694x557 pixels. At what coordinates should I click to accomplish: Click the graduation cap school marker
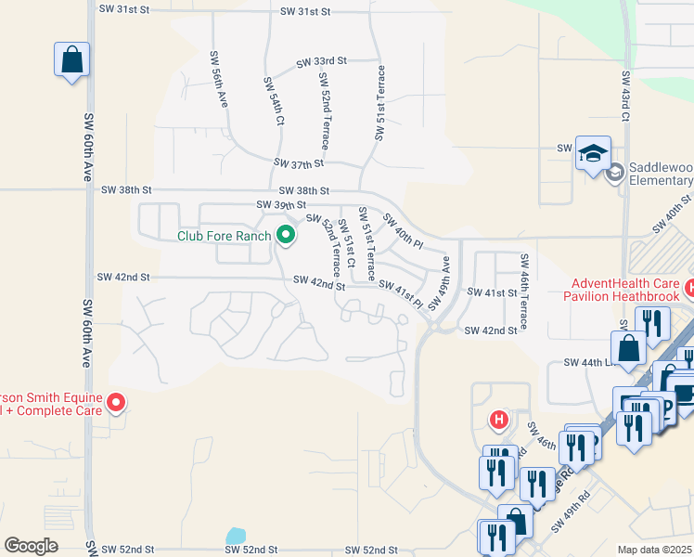pos(593,153)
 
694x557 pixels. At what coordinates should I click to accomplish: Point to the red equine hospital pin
pos(116,403)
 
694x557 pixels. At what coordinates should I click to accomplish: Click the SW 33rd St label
pos(321,61)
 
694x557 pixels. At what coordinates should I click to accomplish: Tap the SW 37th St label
pos(299,163)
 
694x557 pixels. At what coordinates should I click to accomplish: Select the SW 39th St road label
pos(281,205)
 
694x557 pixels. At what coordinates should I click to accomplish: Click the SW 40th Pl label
pos(403,233)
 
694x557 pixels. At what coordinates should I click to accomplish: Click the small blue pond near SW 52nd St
pos(236,537)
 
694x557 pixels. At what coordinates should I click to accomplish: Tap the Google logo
pos(31,546)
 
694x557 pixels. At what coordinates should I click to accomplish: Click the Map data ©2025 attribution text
pos(654,550)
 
